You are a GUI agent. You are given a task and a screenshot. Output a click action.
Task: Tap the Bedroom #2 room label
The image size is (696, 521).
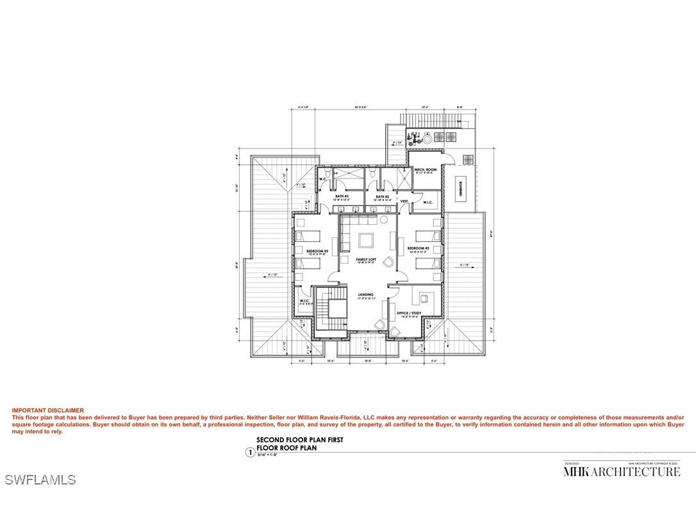pyautogui.click(x=417, y=248)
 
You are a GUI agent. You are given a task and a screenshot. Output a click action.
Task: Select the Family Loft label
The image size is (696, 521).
pyautogui.click(x=366, y=259)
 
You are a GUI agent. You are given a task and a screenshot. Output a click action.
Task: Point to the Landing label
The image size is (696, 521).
pyautogui.click(x=366, y=294)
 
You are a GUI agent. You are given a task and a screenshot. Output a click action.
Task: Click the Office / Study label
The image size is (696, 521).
pyautogui.click(x=408, y=313)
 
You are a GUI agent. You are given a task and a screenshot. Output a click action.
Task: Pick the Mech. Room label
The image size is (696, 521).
pyautogui.click(x=424, y=170)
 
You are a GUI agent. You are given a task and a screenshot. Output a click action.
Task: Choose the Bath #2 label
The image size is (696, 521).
pyautogui.click(x=383, y=196)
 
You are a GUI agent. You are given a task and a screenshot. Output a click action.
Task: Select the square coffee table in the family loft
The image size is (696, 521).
pyautogui.click(x=366, y=241)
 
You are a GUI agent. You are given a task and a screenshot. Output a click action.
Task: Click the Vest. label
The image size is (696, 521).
pyautogui.click(x=404, y=201)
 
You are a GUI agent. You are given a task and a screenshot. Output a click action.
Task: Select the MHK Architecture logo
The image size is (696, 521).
pyautogui.click(x=621, y=472)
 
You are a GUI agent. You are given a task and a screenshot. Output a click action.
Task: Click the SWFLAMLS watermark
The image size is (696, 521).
pyautogui.click(x=40, y=479)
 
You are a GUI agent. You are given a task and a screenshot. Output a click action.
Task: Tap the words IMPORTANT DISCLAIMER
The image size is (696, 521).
pyautogui.click(x=47, y=410)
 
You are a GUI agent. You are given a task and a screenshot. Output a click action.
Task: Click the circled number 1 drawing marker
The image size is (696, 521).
pyautogui.click(x=250, y=452)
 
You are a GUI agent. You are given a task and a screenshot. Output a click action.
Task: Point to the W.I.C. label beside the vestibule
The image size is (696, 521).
pyautogui.click(x=427, y=203)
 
